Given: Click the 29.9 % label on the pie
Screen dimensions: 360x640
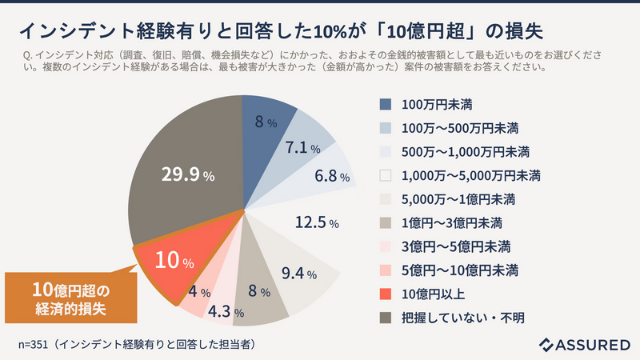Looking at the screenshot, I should (185, 174).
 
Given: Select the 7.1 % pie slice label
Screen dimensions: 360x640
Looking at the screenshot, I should (302, 149).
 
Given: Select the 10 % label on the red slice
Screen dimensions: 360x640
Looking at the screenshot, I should (174, 262).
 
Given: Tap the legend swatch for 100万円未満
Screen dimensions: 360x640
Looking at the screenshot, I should (386, 104).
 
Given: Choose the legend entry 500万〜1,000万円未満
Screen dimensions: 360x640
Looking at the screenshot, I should (466, 151).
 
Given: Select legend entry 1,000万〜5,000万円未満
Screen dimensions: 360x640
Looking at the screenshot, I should (471, 175).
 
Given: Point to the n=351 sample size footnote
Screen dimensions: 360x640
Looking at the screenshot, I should (137, 344).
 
